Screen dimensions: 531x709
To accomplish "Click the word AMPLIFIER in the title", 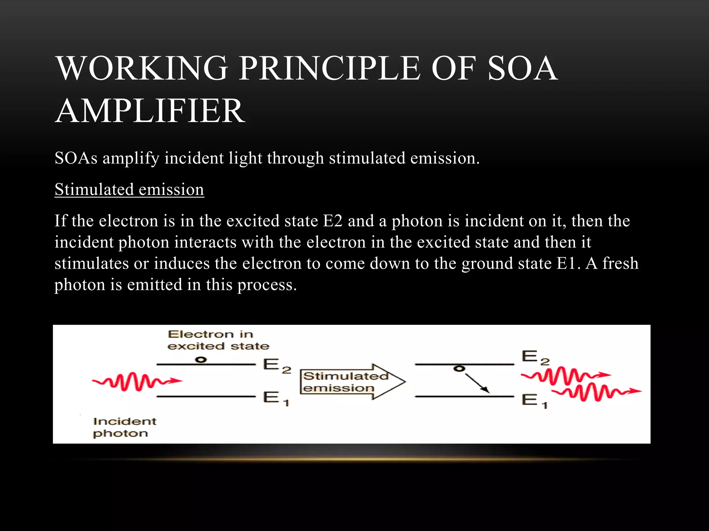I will tap(150, 111).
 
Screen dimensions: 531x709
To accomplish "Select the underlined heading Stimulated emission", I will tap(129, 190).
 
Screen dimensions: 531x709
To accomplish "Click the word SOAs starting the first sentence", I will tap(76, 158).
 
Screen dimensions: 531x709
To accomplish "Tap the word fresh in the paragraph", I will tap(620, 263).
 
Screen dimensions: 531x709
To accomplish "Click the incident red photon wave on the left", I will tap(137, 381).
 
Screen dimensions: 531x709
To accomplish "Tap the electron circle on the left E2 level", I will tap(200, 360).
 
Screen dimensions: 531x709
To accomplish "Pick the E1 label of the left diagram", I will tap(275, 398).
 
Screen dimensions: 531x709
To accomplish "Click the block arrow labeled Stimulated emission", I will tap(351, 382).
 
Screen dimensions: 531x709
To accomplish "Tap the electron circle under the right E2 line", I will tap(459, 369).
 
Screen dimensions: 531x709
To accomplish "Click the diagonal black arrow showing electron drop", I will tap(477, 383).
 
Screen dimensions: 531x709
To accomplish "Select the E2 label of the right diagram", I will tap(535, 357).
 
